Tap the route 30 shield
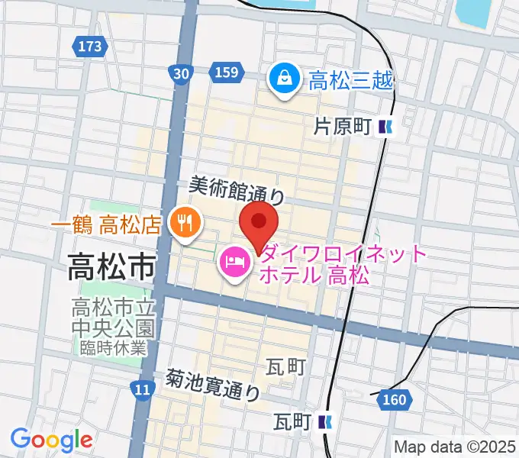click(x=180, y=73)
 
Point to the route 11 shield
click(x=141, y=389)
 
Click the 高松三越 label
click(x=350, y=79)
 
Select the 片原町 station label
click(x=343, y=127)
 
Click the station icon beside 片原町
click(x=387, y=127)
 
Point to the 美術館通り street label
click(x=237, y=189)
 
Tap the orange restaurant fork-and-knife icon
click(x=185, y=224)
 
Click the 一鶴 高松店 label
click(x=106, y=224)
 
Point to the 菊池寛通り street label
click(x=214, y=385)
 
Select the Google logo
click(x=51, y=440)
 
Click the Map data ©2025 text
click(x=455, y=447)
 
